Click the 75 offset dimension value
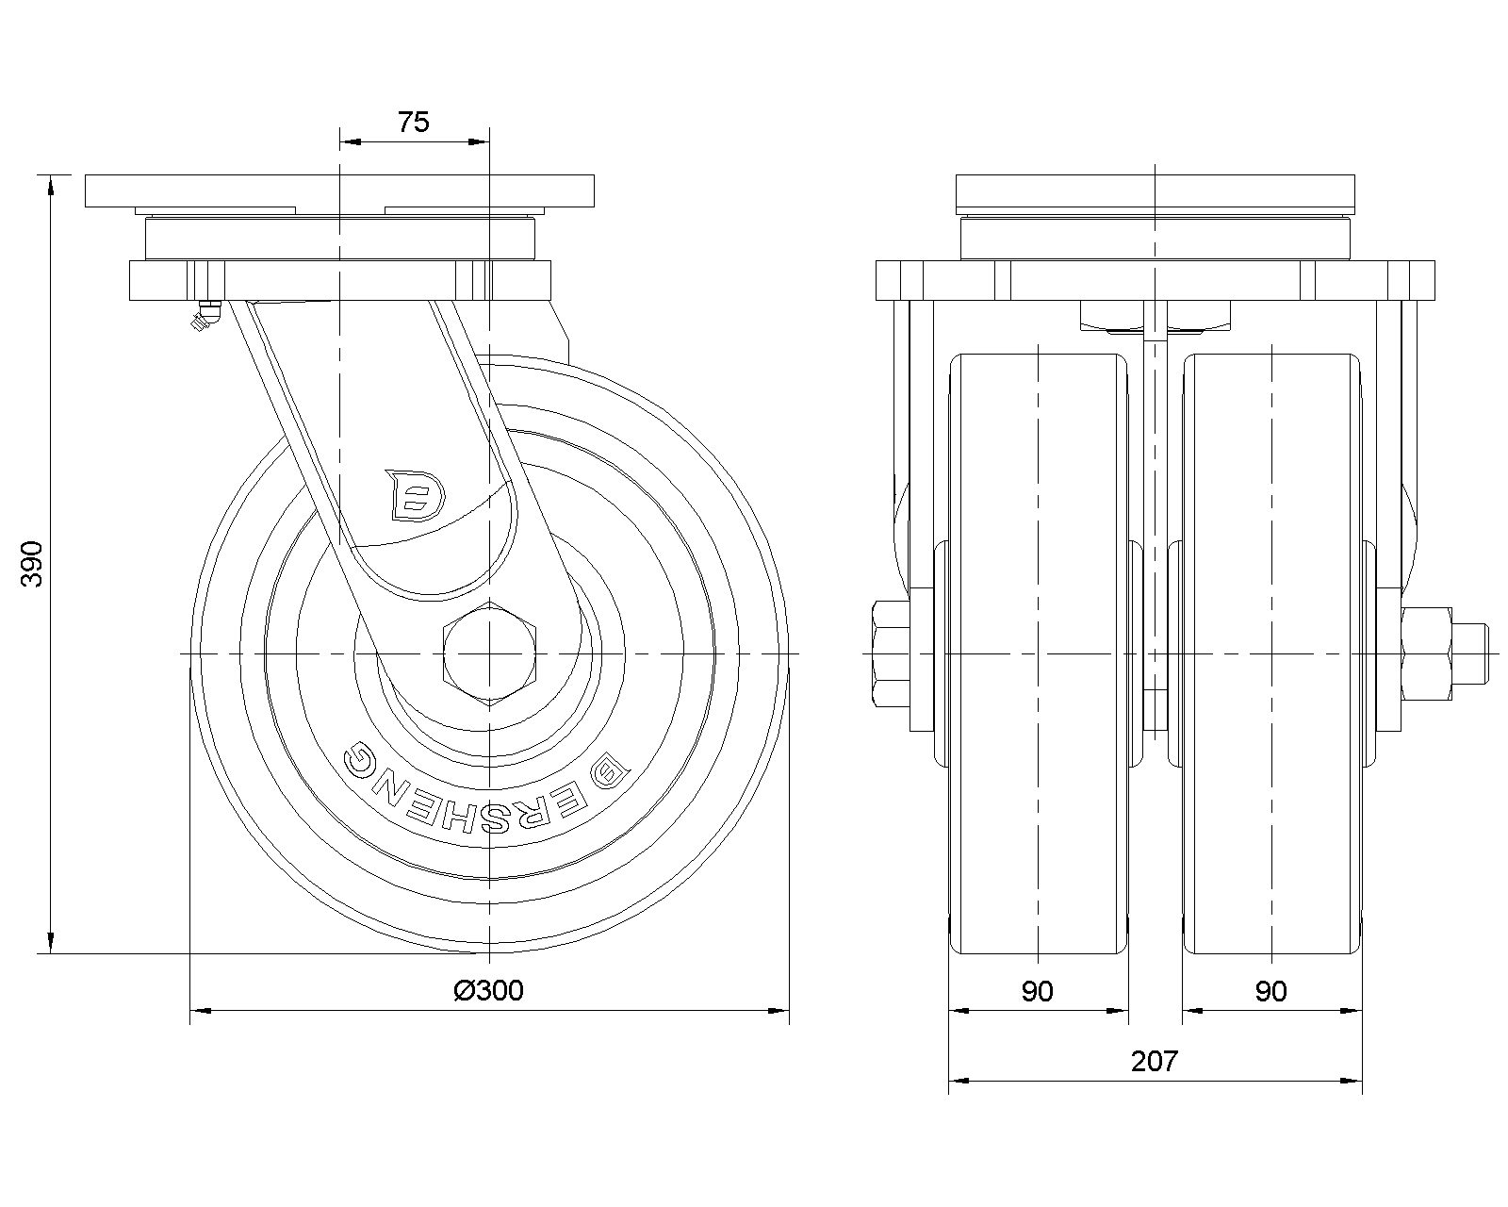pyautogui.click(x=413, y=122)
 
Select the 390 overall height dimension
pyautogui.click(x=32, y=564)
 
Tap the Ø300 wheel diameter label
pyautogui.click(x=488, y=990)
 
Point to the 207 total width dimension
pyautogui.click(x=1155, y=1061)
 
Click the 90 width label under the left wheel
pyautogui.click(x=1037, y=991)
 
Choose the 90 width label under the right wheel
pyautogui.click(x=1271, y=991)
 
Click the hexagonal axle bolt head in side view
pyautogui.click(x=490, y=653)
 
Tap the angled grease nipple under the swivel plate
pyautogui.click(x=205, y=316)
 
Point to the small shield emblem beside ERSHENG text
pyautogui.click(x=611, y=770)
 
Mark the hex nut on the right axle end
pyautogui.click(x=1427, y=653)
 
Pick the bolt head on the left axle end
pyautogui.click(x=892, y=653)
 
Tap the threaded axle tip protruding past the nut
pyautogui.click(x=1469, y=653)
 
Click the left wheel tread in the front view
pyautogui.click(x=1039, y=653)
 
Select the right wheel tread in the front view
pyautogui.click(x=1272, y=653)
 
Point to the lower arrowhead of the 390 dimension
pyautogui.click(x=51, y=943)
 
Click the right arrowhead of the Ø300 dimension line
pyautogui.click(x=778, y=1011)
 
